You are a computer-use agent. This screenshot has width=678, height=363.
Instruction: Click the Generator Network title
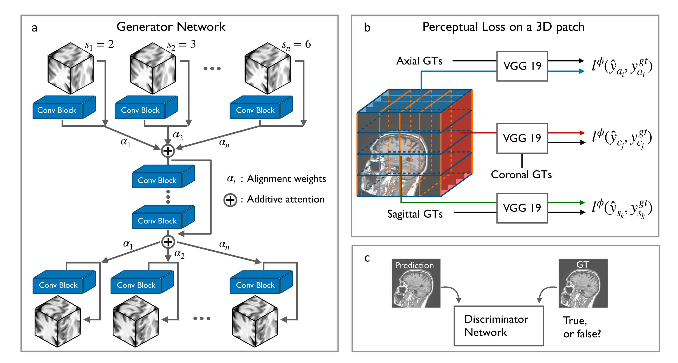tap(171, 27)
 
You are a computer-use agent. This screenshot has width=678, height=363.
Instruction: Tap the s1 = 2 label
tap(99, 45)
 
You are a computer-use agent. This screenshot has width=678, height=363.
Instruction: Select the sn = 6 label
tap(296, 45)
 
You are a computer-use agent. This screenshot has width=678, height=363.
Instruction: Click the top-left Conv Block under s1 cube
tap(57, 110)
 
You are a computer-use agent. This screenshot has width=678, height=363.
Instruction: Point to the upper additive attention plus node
tap(168, 151)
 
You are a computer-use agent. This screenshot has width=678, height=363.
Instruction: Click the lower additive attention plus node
tap(168, 242)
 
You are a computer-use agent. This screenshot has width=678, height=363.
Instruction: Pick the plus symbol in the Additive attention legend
tap(230, 200)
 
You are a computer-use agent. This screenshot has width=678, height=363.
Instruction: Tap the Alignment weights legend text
tap(286, 179)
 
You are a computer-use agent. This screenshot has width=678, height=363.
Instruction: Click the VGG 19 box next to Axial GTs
tap(522, 66)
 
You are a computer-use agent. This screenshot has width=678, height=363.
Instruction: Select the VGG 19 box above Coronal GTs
tap(522, 138)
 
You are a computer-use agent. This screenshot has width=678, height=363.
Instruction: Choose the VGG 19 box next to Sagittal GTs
tap(522, 208)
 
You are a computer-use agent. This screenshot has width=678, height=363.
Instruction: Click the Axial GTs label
tap(419, 61)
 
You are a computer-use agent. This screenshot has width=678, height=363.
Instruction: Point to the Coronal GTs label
tap(521, 175)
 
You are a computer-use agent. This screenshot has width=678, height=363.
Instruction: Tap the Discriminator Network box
tap(498, 326)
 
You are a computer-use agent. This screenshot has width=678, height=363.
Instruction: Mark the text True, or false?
tap(582, 327)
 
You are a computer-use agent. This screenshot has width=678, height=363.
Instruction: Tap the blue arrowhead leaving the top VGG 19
tap(582, 71)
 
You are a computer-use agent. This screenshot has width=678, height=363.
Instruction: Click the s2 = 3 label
tap(182, 45)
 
